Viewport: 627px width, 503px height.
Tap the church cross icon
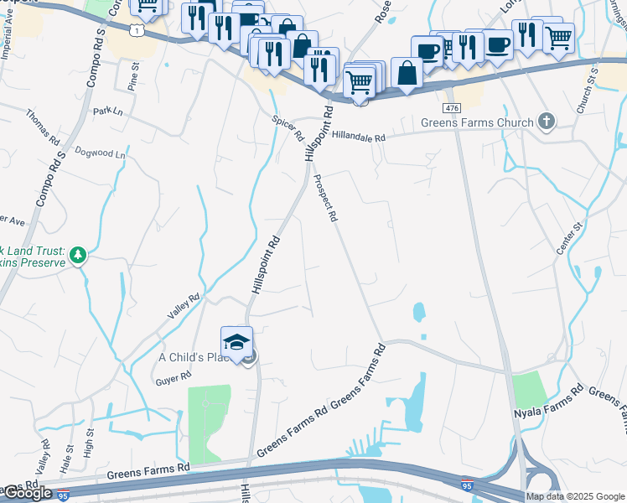(546, 122)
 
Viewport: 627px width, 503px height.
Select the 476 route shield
(453, 109)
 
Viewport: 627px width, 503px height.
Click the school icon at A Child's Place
(236, 341)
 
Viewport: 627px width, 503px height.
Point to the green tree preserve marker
(78, 254)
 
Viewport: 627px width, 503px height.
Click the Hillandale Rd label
(358, 137)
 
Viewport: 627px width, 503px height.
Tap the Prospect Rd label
(325, 198)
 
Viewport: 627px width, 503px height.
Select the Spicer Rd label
(288, 128)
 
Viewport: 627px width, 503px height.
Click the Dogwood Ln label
(100, 153)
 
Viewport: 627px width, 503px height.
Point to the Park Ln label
(107, 111)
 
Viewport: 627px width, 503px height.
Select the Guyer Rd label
(168, 381)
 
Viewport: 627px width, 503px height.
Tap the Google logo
(27, 493)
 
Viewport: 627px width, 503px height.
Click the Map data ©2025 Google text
(575, 496)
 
